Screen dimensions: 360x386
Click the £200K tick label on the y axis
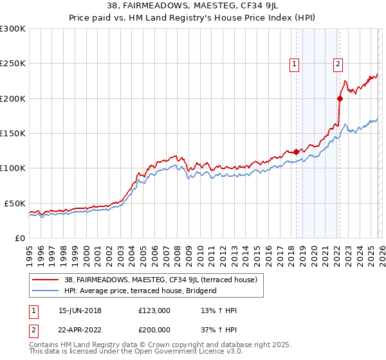(x=13, y=99)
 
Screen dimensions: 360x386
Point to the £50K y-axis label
(x=15, y=203)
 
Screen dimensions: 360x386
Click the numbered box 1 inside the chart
(x=295, y=64)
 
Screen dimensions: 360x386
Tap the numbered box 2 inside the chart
(x=338, y=64)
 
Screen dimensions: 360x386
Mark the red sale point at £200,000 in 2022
(x=340, y=98)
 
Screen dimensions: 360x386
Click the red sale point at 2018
(x=296, y=152)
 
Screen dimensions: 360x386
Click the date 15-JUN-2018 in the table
(x=80, y=310)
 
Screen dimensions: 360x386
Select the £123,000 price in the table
(x=154, y=310)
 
